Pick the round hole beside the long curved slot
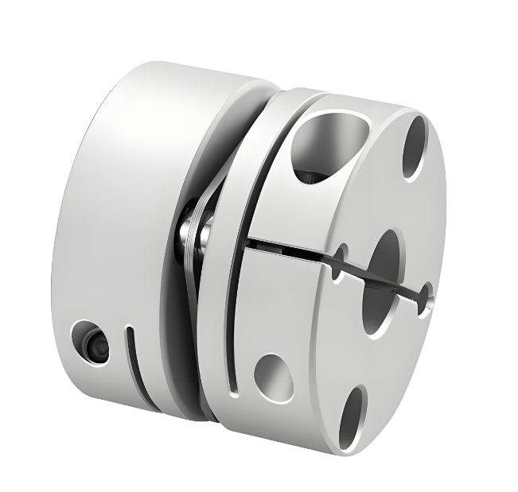pyautogui.click(x=274, y=374)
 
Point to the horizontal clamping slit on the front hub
pyautogui.click(x=294, y=242)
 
